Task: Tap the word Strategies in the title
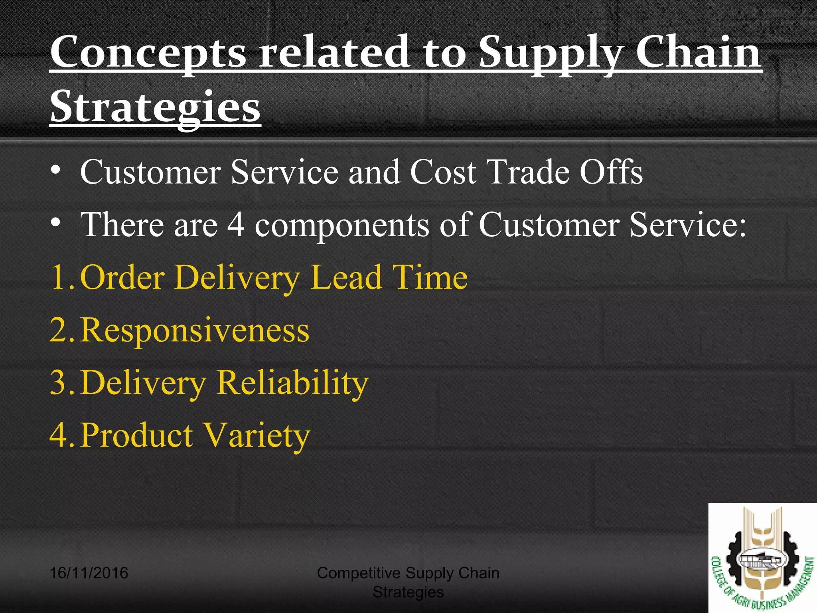pyautogui.click(x=155, y=107)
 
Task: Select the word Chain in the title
pyautogui.click(x=698, y=52)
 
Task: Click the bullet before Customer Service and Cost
pyautogui.click(x=56, y=171)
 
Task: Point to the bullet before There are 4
pyautogui.click(x=56, y=223)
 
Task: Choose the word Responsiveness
pyautogui.click(x=195, y=330)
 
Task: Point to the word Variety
pyautogui.click(x=256, y=435)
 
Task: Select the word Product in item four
pyautogui.click(x=137, y=435)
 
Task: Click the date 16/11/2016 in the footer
pyautogui.click(x=89, y=573)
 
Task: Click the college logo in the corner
pyautogui.click(x=762, y=558)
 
